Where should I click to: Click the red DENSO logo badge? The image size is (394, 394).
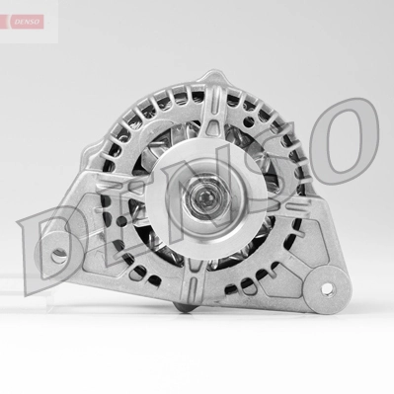click(x=21, y=20)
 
